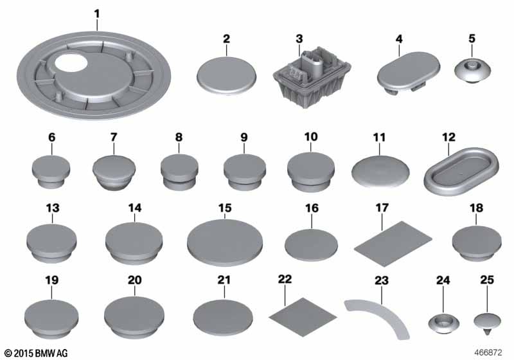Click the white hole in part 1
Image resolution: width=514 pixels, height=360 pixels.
click(71, 62)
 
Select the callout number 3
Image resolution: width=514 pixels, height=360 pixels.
click(299, 39)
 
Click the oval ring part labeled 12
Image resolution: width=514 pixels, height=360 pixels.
click(461, 170)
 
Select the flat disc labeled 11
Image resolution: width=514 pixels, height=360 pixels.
click(380, 171)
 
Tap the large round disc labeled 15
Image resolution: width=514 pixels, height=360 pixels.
click(225, 242)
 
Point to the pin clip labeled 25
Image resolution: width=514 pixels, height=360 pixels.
click(488, 323)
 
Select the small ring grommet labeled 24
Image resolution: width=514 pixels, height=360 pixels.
click(443, 322)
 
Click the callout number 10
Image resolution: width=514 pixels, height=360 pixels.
click(311, 136)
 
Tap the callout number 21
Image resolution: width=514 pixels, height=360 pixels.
click(224, 280)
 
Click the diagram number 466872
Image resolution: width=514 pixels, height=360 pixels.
click(488, 352)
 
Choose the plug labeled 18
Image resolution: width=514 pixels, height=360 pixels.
click(477, 243)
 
